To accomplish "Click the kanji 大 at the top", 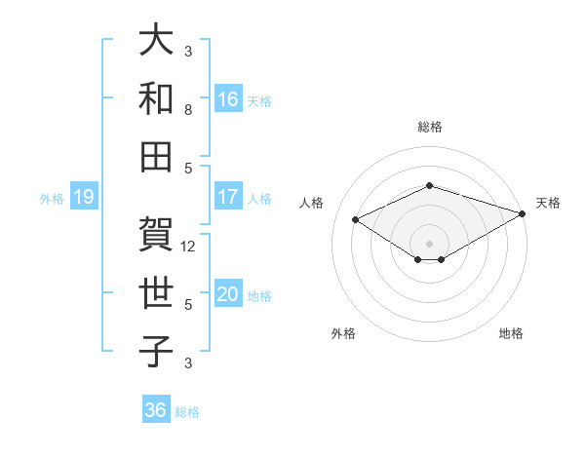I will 157,41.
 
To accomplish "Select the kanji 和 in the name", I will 157,97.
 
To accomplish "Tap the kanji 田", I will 157,155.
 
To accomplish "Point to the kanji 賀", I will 157,233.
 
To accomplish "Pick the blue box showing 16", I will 228,98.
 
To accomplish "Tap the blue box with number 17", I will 228,197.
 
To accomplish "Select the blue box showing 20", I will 228,295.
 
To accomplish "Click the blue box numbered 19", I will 83,198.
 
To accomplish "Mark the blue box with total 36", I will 156,410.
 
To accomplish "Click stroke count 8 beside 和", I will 188,110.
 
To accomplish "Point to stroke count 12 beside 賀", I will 189,247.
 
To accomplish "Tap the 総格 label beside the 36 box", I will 187,412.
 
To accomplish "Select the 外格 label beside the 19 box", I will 52,199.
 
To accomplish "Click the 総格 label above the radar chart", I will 429,127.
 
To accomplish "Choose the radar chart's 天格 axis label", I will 549,203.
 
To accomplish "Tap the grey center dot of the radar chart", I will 429,242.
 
